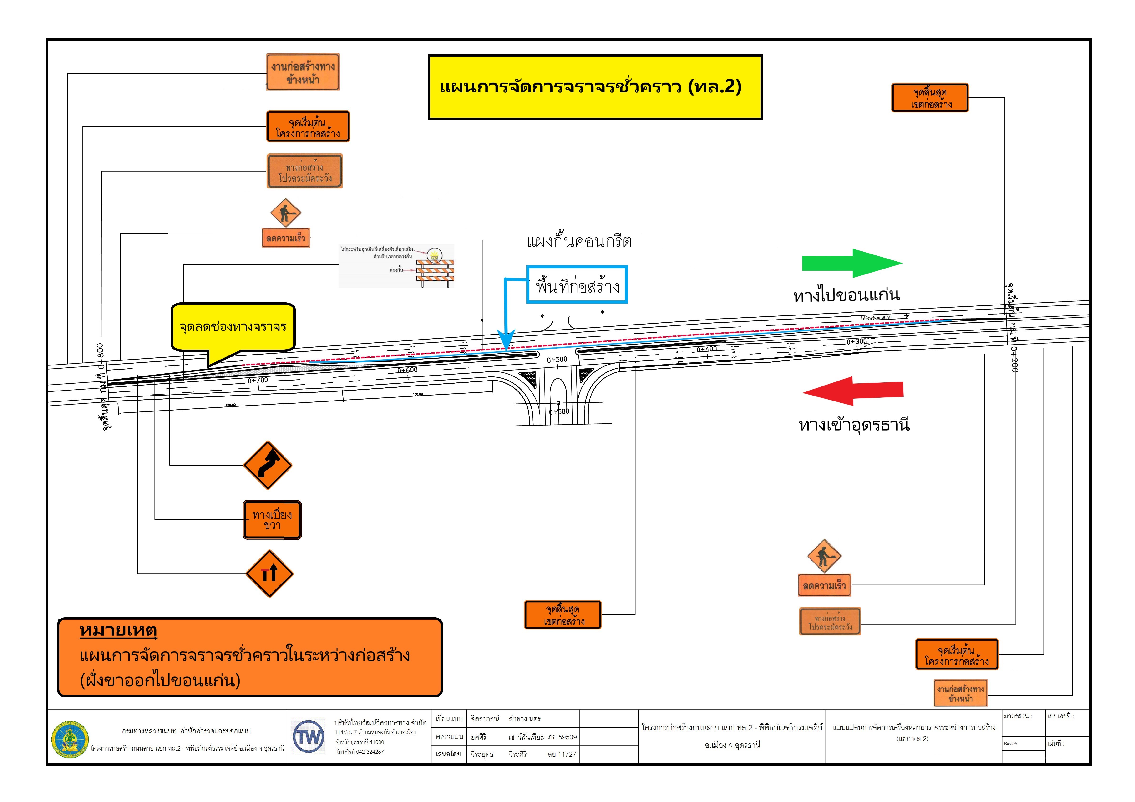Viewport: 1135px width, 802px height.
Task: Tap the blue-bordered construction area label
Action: point(577,285)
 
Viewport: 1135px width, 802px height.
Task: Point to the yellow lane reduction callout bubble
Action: point(233,327)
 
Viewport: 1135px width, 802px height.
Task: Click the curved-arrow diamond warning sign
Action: point(268,465)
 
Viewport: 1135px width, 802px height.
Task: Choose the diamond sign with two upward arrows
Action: point(269,574)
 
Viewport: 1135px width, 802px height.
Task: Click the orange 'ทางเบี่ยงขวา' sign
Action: point(272,520)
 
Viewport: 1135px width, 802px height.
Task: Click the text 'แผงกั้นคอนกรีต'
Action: point(579,242)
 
